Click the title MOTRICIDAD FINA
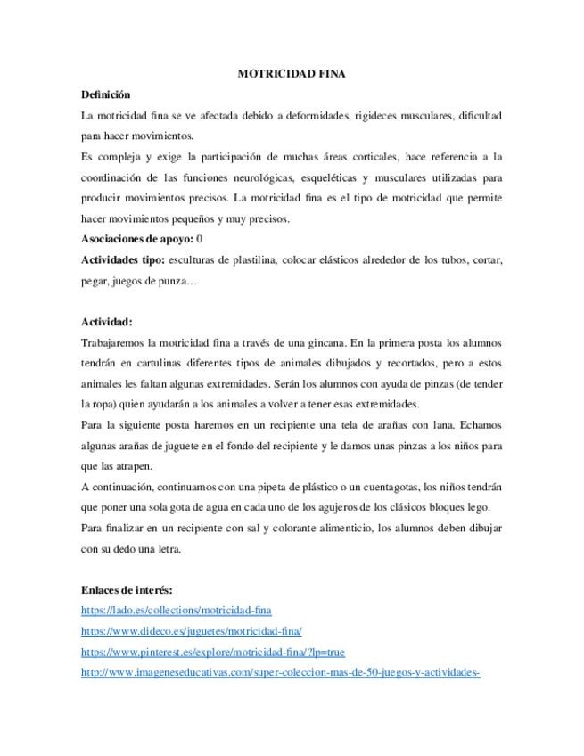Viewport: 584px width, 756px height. pyautogui.click(x=292, y=75)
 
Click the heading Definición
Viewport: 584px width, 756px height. pyautogui.click(x=105, y=94)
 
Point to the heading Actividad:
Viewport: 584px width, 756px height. pyautogui.click(x=106, y=322)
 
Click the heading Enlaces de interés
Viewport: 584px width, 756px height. pyautogui.click(x=127, y=589)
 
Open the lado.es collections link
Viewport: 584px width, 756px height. pyautogui.click(x=176, y=611)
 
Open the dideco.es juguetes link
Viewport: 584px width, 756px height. pyautogui.click(x=191, y=631)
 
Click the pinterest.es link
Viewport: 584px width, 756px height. pyautogui.click(x=212, y=652)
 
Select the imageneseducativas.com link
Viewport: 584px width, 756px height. pyautogui.click(x=280, y=672)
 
